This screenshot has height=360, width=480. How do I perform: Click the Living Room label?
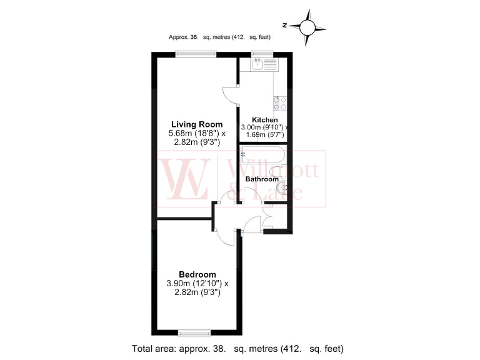(197, 124)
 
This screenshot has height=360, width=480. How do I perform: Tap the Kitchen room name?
(264, 120)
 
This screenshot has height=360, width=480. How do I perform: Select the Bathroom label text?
(262, 179)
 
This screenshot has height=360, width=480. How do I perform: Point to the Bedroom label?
(197, 274)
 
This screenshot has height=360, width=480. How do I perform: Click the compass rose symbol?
(307, 26)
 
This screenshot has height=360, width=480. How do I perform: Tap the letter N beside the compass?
(284, 26)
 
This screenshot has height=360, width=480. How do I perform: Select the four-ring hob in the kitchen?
(279, 103)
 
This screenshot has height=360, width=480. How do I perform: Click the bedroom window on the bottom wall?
(192, 332)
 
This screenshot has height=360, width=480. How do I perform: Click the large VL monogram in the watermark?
(185, 178)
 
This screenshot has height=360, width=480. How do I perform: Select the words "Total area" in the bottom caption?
(151, 348)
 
